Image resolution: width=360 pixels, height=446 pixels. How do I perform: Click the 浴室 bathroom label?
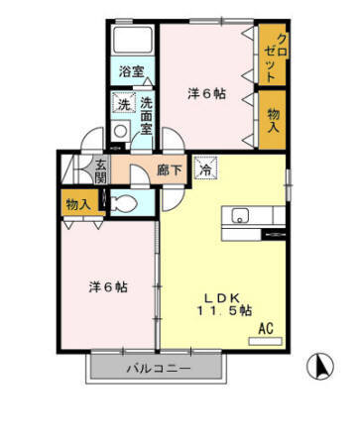tap(131, 71)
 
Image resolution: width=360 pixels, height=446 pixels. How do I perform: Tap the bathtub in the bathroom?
tap(133, 40)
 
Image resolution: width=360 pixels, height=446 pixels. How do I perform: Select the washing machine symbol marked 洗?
tap(124, 103)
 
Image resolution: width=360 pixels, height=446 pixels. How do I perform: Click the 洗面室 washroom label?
tap(146, 116)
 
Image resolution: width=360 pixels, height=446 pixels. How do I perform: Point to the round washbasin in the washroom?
tap(120, 131)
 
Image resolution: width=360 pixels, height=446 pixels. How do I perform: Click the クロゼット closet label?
tap(277, 57)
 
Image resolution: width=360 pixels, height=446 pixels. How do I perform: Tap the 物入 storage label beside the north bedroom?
tap(274, 120)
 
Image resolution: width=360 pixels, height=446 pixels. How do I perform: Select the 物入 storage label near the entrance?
tap(78, 204)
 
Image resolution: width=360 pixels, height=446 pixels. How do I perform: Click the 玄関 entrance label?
tap(100, 171)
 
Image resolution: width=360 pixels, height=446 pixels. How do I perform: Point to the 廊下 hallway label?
tap(170, 170)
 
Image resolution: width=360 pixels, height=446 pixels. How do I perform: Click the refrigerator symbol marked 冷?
tap(205, 167)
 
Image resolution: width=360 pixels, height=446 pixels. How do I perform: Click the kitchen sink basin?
tap(240, 215)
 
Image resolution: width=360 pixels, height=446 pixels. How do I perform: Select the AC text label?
tap(266, 328)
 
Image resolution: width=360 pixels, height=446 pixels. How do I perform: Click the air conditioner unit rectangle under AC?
tap(265, 341)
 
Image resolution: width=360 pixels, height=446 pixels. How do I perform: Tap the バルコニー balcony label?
tap(159, 368)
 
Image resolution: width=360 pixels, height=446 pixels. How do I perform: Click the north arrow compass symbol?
tap(320, 367)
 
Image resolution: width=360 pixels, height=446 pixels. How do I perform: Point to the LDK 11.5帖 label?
tap(225, 304)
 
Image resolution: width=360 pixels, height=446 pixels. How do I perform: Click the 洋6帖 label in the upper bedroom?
tap(206, 94)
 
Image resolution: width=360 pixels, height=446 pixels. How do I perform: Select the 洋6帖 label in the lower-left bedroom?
tap(108, 286)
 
